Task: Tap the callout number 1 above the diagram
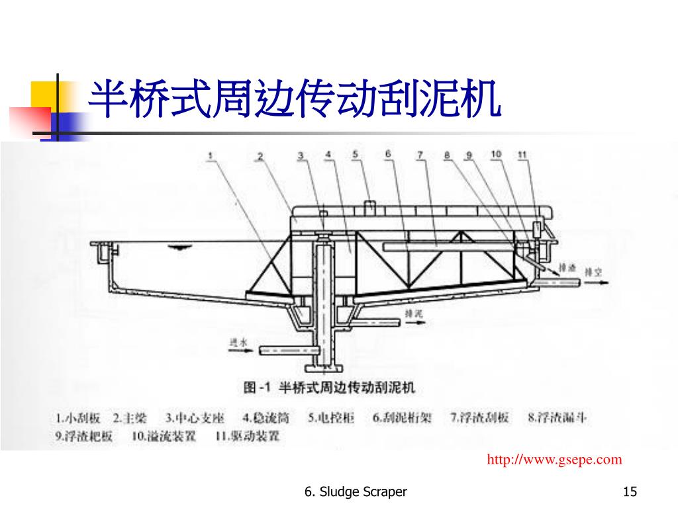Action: [x=210, y=157]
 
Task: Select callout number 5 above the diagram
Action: [x=355, y=155]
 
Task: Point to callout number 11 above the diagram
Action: [x=522, y=155]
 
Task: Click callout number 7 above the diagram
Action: [x=420, y=155]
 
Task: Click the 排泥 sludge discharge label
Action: [x=414, y=314]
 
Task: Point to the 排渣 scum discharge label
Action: [x=567, y=268]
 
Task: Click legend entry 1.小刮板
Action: [x=77, y=418]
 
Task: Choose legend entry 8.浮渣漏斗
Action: [x=557, y=417]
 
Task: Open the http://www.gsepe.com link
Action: [x=555, y=460]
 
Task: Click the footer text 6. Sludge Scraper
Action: [x=356, y=491]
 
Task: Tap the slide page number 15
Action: [x=630, y=491]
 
